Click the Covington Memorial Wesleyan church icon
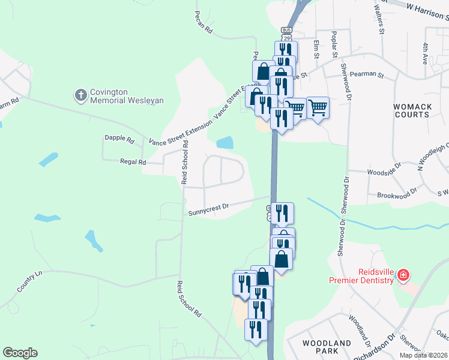tap(80, 95)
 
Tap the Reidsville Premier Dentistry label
tap(361, 275)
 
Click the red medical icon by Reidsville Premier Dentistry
tap(403, 275)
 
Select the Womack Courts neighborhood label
tap(412, 110)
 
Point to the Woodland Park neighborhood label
tap(327, 347)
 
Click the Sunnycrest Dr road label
tap(209, 208)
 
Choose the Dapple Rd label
tap(119, 139)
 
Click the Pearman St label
tap(368, 74)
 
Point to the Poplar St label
tap(335, 44)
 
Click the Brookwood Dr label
tap(396, 195)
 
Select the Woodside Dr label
tap(384, 169)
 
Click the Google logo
tap(20, 353)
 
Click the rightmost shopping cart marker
tap(318, 108)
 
